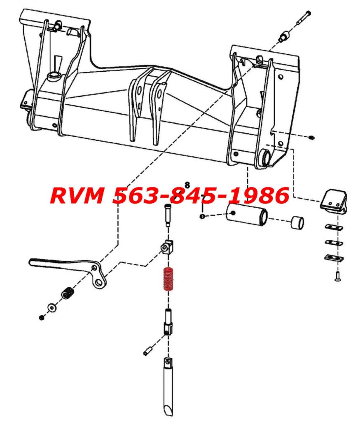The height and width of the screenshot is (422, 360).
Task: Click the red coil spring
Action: [167, 279]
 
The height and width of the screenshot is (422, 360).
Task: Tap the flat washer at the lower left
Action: [51, 307]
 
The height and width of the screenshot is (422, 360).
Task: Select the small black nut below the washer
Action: [42, 317]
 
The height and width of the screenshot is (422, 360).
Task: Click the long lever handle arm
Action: [62, 264]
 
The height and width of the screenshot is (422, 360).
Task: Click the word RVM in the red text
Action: [77, 195]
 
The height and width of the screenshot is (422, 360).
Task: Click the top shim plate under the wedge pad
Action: [334, 227]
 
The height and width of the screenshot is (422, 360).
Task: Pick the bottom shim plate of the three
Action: [334, 258]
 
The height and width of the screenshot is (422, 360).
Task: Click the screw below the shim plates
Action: [336, 277]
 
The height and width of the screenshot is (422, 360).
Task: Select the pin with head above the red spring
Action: [167, 214]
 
